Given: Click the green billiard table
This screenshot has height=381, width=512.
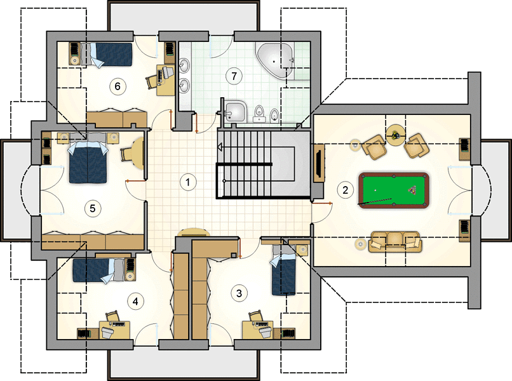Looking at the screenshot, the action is (394, 190).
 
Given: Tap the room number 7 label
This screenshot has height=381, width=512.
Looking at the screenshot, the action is (234, 76).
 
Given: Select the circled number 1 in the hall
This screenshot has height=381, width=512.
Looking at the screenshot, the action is (188, 182).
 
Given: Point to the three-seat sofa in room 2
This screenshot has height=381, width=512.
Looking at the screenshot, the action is (394, 242).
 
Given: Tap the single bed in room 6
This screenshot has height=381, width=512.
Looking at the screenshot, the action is (107, 55).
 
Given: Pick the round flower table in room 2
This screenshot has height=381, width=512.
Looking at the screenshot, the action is (395, 134).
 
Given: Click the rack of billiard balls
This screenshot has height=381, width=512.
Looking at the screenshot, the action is (412, 190).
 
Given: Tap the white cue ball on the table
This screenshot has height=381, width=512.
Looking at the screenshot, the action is (375, 190).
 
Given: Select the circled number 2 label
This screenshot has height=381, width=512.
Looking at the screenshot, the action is (345, 190).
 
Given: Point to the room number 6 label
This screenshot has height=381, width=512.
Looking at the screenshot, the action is (118, 86).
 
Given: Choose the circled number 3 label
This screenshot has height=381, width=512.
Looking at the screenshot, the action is (239, 293).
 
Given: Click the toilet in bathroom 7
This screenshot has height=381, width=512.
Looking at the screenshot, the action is (259, 112).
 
